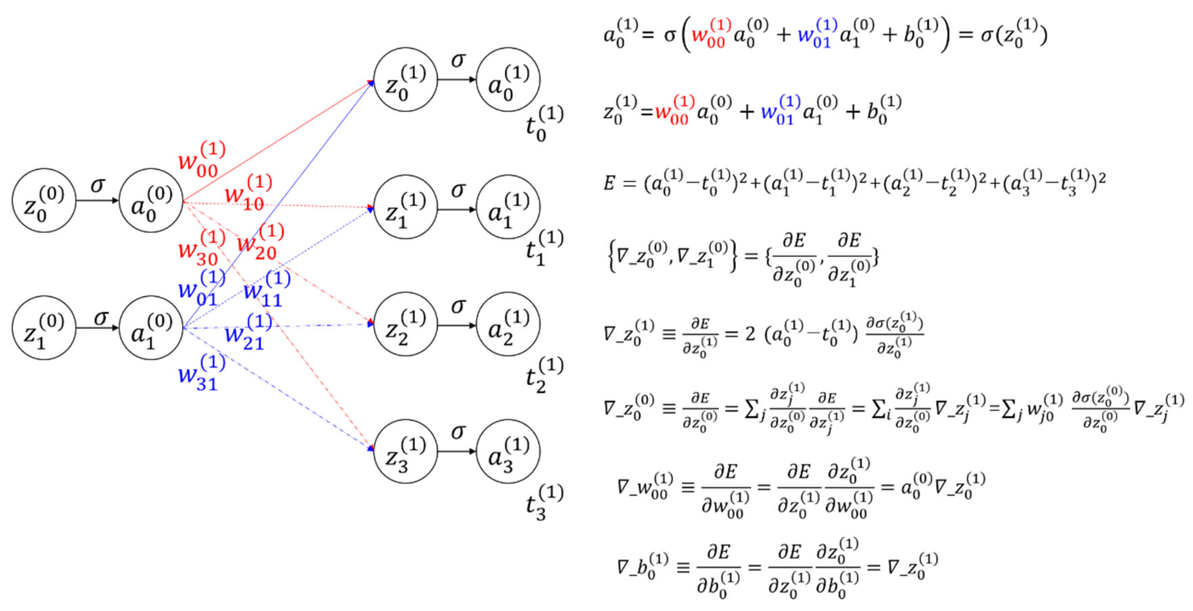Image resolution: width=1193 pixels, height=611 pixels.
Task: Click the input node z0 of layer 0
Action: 44,201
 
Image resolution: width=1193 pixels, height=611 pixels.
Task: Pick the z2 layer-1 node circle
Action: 405,324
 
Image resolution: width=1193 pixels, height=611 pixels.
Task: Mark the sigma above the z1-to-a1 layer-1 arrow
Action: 458,189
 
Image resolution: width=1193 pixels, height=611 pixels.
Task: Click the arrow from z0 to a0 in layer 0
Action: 97,201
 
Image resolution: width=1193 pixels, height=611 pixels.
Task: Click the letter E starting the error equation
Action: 610,183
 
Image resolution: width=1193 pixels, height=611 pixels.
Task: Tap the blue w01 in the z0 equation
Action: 780,111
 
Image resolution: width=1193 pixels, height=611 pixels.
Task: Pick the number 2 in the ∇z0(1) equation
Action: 750,334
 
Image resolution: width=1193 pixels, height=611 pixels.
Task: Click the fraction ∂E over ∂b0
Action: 718,568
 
